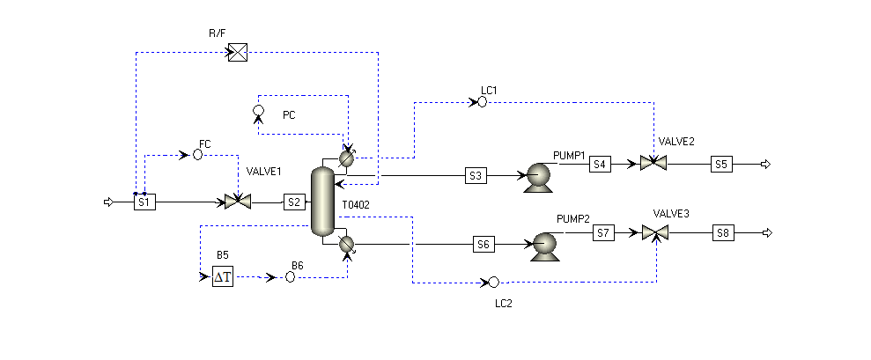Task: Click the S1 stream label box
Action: pos(144,202)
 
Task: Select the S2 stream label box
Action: pos(294,202)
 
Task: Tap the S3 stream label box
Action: pos(476,175)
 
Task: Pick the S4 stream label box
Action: pos(600,164)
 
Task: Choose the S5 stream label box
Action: pos(721,165)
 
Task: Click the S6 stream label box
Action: pos(483,245)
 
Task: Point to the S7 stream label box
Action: pos(604,232)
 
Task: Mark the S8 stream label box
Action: pos(723,233)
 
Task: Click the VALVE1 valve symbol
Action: pos(238,202)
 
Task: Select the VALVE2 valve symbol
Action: pos(653,163)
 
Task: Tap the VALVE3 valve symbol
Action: pos(655,232)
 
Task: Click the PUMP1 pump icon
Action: pos(538,177)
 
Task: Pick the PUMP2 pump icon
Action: pos(544,246)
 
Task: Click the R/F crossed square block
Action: pos(238,52)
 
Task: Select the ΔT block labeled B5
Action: pos(223,276)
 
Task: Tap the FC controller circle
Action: pos(198,155)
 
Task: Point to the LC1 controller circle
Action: pos(482,102)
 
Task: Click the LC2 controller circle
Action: pos(493,283)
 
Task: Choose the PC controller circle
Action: pos(258,110)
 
